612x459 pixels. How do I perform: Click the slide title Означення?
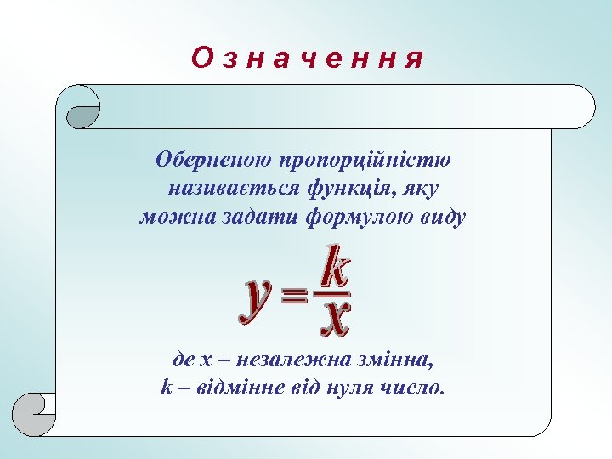coord(307,59)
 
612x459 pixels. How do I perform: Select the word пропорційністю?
coord(364,159)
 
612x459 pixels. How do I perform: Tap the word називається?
coord(224,188)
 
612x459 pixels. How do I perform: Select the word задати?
coord(236,217)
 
